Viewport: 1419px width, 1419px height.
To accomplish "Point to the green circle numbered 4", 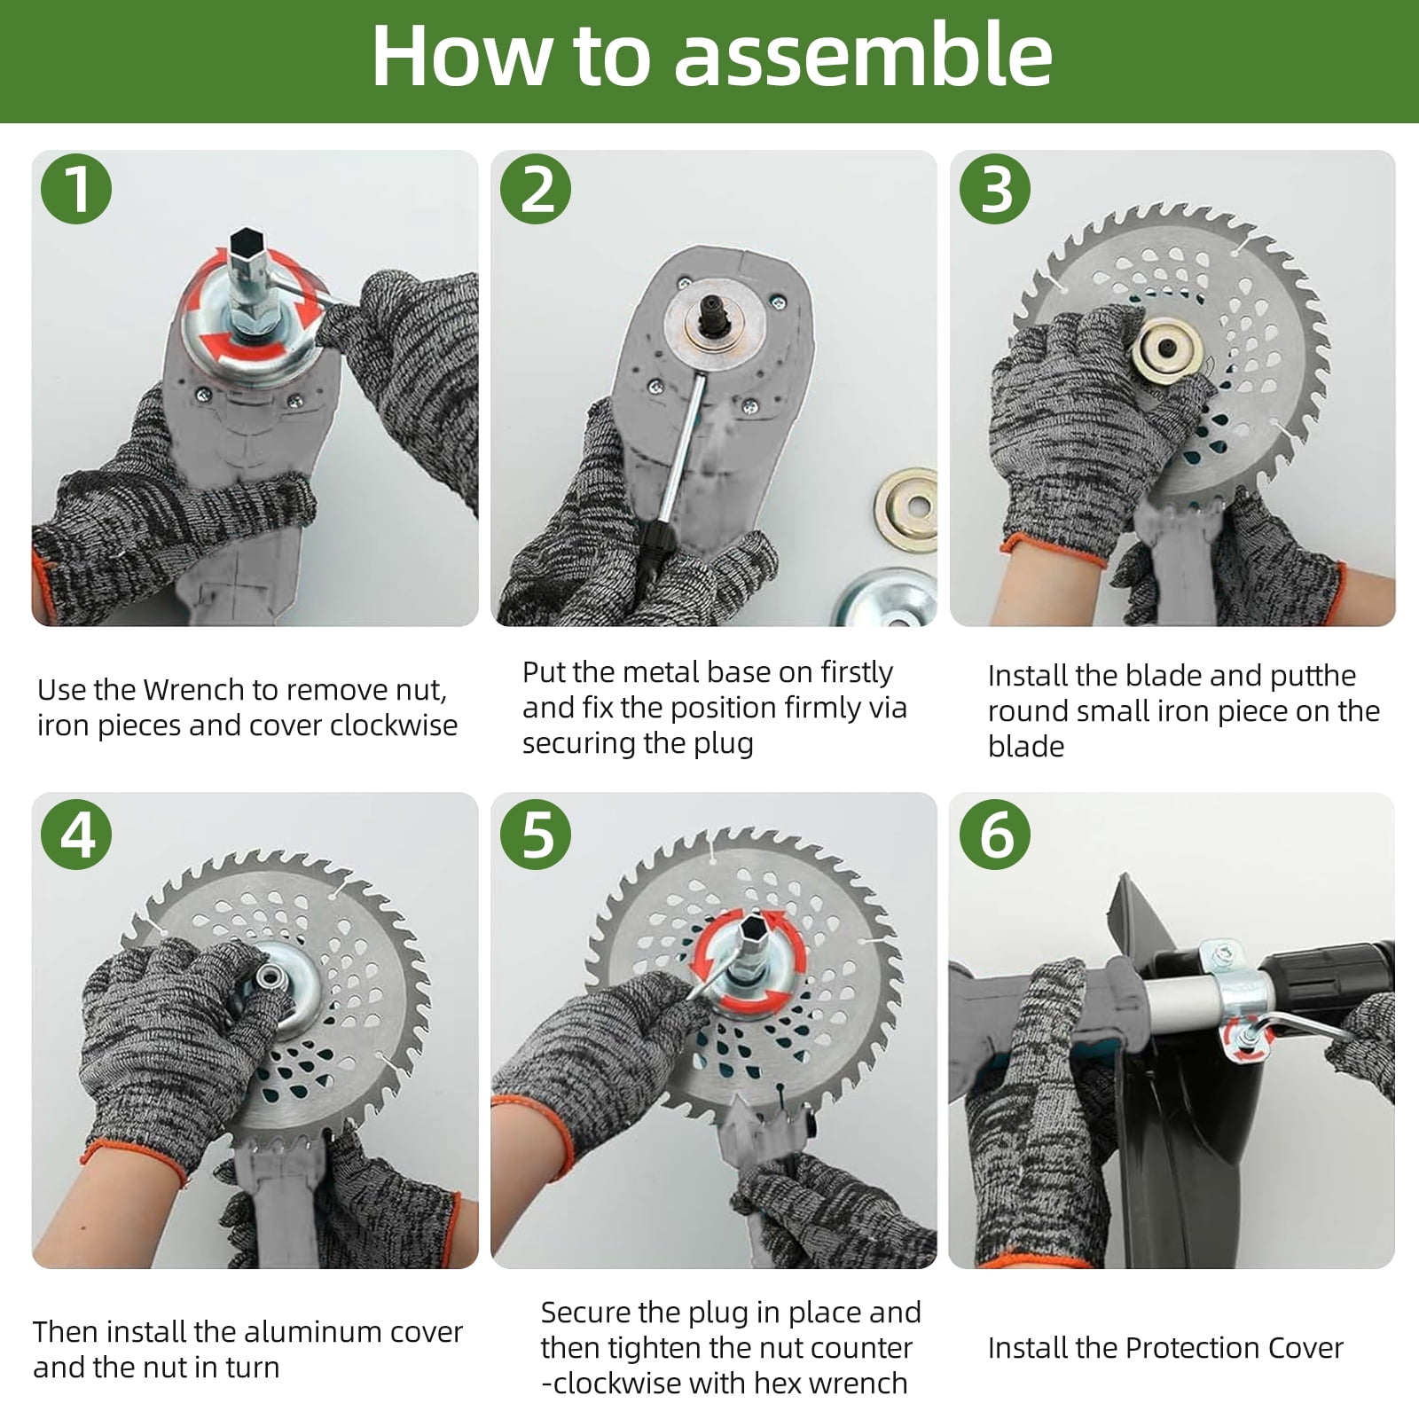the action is [x=76, y=834].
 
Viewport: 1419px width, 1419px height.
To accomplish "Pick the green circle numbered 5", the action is [x=536, y=834].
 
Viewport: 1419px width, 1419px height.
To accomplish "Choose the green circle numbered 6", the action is [x=995, y=834].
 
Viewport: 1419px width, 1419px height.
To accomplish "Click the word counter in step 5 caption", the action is [x=862, y=1348].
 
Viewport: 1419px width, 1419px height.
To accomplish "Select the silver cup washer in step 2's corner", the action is [x=887, y=598].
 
